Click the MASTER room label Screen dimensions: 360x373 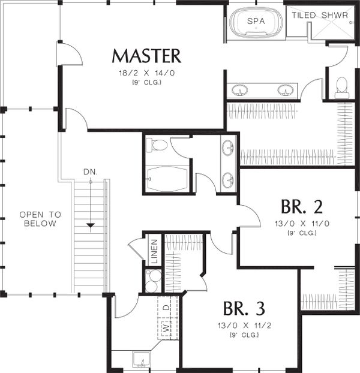(x=146, y=56)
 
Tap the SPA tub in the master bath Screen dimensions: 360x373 (x=256, y=22)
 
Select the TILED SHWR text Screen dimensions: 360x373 (x=320, y=15)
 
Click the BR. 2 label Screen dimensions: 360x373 (x=302, y=207)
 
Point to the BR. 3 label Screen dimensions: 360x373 (x=244, y=308)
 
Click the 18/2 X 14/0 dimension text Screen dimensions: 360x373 (x=146, y=73)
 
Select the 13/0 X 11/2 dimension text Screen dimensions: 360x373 (x=244, y=325)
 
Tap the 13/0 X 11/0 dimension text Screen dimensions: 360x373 (x=302, y=224)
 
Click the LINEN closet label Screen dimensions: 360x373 (x=154, y=251)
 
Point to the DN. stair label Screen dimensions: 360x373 (x=91, y=172)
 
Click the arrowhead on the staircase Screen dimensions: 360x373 (x=91, y=225)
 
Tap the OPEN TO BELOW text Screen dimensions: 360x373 (x=40, y=219)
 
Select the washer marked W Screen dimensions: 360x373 (x=166, y=329)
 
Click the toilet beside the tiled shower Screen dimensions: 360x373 (x=342, y=88)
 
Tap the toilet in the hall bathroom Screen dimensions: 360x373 (x=157, y=145)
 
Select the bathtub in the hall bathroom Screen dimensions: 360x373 (x=167, y=179)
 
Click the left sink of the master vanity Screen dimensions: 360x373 (x=239, y=90)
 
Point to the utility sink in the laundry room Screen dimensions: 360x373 (x=142, y=360)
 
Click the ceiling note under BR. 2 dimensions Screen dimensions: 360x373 (x=302, y=233)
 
